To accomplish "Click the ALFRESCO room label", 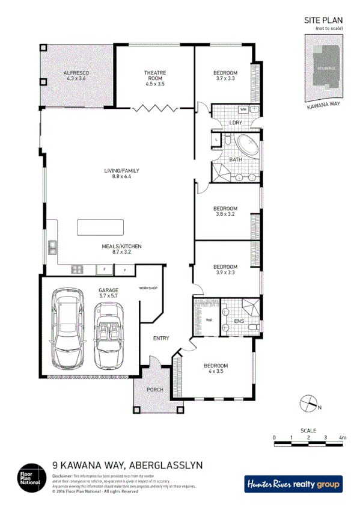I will coord(76,73).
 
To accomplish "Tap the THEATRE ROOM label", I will coord(154,73).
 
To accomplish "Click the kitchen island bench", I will coord(100,228).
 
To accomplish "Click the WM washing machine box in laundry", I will coord(243,109).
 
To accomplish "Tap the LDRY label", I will coord(236,123).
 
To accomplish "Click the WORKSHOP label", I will coord(148,288).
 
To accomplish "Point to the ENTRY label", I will coord(160,338).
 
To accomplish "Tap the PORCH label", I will coord(155,390).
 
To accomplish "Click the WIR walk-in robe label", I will coord(209,320).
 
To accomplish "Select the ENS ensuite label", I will coord(239,320).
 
